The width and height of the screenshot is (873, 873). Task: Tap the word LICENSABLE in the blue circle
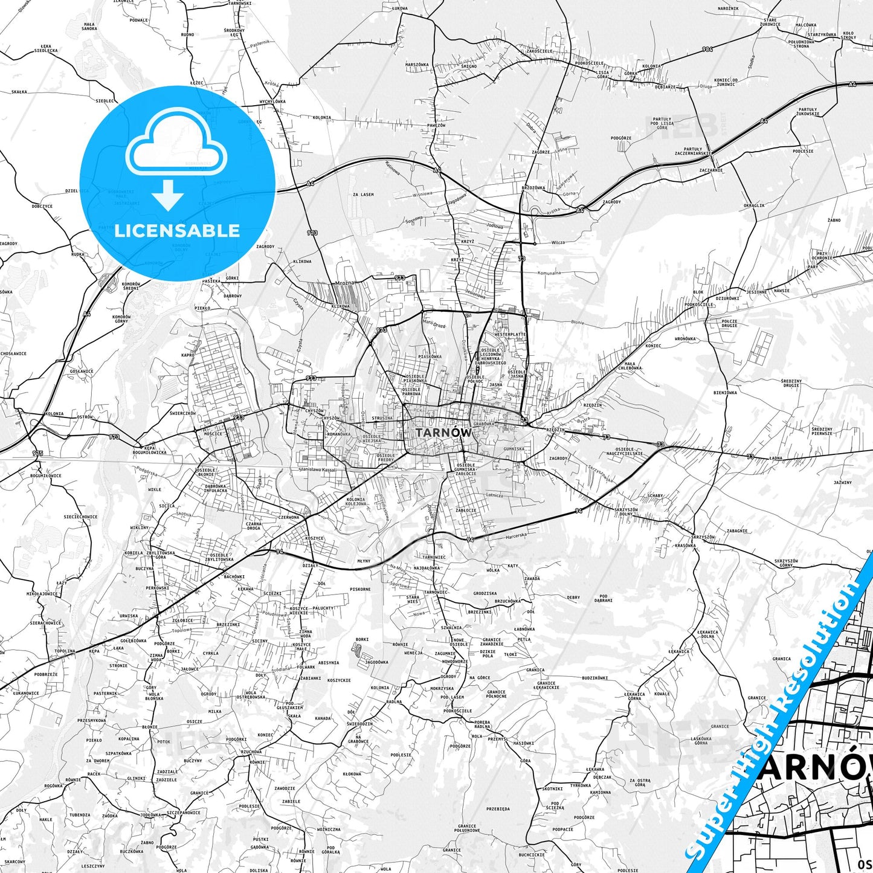(177, 230)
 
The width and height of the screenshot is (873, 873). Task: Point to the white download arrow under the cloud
(168, 195)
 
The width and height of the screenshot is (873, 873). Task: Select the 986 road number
(707, 48)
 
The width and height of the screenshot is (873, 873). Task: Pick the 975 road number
(37, 453)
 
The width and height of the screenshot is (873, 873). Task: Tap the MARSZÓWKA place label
(417, 64)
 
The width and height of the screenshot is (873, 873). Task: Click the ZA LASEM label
(363, 195)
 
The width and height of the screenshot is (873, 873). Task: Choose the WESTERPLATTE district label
(511, 334)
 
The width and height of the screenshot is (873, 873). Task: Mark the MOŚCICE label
(213, 433)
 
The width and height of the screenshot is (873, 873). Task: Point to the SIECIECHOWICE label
(80, 517)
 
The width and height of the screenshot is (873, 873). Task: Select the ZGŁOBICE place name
(182, 620)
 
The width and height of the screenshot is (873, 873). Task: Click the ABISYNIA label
(329, 662)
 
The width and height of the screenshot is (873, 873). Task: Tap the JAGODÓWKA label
(376, 662)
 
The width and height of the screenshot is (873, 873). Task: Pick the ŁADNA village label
(776, 458)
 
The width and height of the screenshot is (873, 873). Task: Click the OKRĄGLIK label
(754, 205)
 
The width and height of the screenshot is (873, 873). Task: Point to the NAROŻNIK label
(729, 8)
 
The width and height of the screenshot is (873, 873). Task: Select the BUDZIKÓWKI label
(594, 678)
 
